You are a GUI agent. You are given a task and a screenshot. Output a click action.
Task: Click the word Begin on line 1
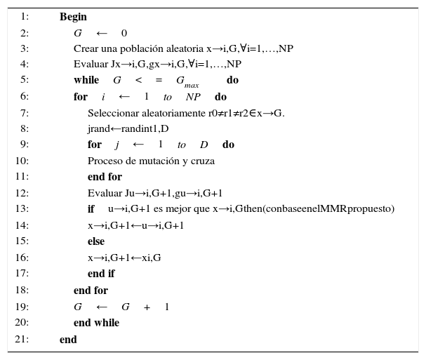tap(73, 17)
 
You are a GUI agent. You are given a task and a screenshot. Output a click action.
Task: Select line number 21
tap(21, 340)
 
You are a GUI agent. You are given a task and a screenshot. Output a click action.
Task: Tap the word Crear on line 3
tap(86, 49)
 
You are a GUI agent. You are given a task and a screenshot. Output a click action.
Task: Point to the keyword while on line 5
tap(86, 81)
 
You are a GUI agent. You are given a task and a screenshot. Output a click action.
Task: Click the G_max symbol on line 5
tap(187, 82)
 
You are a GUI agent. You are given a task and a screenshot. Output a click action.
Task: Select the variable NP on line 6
tap(193, 98)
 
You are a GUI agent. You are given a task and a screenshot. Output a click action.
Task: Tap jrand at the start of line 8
tap(99, 129)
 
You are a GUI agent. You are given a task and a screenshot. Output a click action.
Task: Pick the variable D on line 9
tap(204, 145)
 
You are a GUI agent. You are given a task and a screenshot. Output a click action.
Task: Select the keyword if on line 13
tap(91, 209)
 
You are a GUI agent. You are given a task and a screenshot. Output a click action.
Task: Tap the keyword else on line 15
tap(96, 241)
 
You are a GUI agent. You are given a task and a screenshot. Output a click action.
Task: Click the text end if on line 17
tap(101, 274)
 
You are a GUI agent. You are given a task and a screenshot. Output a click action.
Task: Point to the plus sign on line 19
tap(147, 307)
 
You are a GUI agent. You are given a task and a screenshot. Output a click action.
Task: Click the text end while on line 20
tap(96, 324)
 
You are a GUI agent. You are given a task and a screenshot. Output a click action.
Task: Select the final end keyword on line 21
tap(68, 340)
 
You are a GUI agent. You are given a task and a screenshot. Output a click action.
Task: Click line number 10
tap(21, 161)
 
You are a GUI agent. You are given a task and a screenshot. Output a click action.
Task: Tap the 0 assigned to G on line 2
tap(124, 34)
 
